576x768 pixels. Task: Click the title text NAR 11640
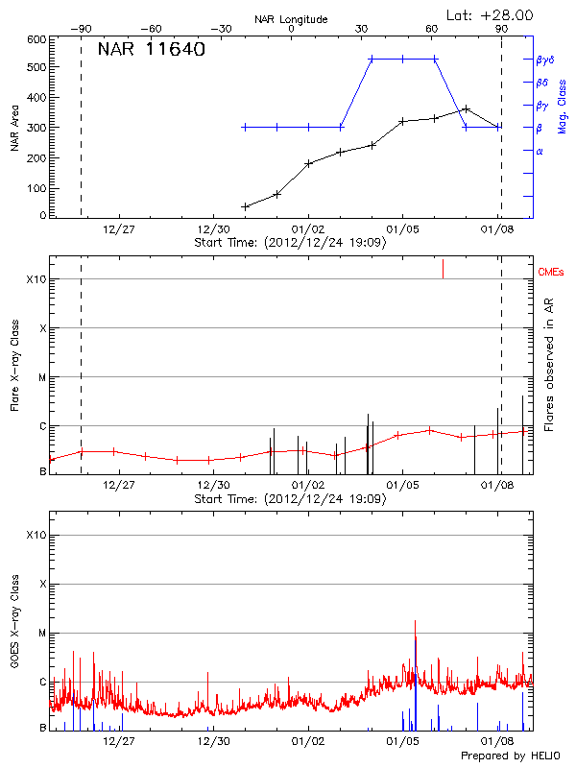tap(151, 49)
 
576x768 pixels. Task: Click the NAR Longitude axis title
tap(291, 19)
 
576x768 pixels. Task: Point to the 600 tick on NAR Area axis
tap(36, 39)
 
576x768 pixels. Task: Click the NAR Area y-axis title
tap(15, 129)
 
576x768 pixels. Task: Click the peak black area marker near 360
tap(467, 109)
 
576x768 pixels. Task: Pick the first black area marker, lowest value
tap(245, 206)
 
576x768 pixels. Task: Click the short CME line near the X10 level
tap(443, 269)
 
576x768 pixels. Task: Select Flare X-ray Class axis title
tap(15, 365)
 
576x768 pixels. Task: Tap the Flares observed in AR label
tap(550, 365)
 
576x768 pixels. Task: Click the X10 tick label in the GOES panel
tap(36, 534)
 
